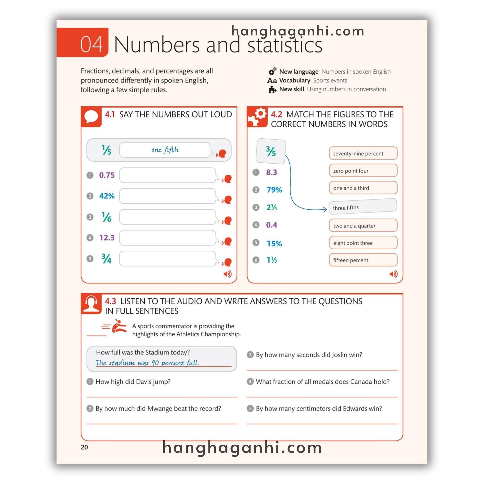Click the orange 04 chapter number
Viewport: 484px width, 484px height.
(91, 44)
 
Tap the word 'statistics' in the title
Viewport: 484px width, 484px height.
(285, 45)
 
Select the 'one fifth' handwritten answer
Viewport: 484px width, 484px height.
(165, 150)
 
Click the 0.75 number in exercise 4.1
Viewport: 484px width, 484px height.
(107, 175)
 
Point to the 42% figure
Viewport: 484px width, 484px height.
(107, 196)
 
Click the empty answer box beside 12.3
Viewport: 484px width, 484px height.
(167, 238)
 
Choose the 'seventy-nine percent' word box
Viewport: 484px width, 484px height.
(363, 153)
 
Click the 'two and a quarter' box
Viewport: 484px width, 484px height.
(363, 225)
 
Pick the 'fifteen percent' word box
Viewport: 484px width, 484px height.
(363, 260)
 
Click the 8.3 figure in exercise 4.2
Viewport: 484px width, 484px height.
(271, 172)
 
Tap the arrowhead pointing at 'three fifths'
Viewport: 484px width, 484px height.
(325, 209)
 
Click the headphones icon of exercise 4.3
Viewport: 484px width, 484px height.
(91, 304)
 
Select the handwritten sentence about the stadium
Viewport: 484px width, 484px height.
(147, 363)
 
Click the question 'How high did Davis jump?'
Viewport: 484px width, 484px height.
(133, 381)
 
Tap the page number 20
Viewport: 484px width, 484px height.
(84, 447)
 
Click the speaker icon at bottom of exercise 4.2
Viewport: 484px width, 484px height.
(393, 274)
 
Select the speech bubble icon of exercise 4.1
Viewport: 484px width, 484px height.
(91, 117)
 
